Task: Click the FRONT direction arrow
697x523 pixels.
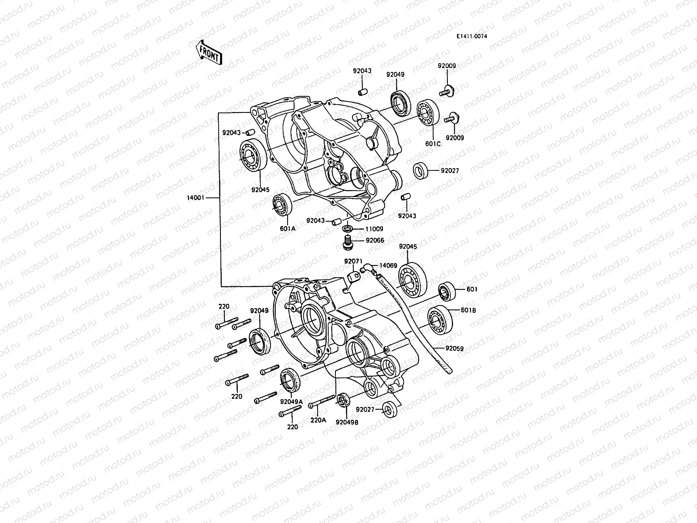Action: [x=210, y=52]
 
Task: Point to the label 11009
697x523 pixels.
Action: [x=374, y=228]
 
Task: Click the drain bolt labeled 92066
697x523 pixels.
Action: [x=347, y=242]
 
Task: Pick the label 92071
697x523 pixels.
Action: [x=353, y=261]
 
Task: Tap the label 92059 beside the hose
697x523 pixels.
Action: [x=454, y=348]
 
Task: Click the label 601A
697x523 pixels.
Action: [x=288, y=228]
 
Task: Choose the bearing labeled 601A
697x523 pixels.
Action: [x=282, y=204]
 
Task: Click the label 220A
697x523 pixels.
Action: [x=318, y=420]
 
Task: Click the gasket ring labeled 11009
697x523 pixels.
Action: [x=348, y=228]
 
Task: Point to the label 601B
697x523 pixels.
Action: [x=468, y=310]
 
